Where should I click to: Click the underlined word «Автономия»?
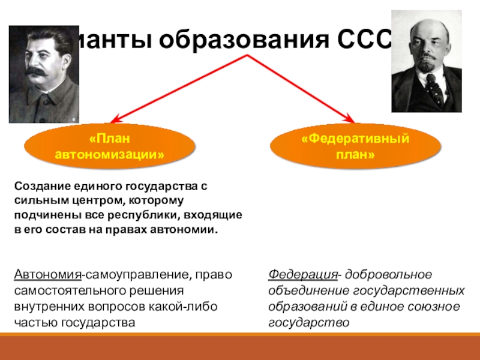tap(48, 275)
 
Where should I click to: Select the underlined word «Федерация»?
tap(302, 275)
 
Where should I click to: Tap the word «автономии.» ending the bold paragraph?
tap(190, 230)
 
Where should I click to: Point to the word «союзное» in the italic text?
tap(442, 306)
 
